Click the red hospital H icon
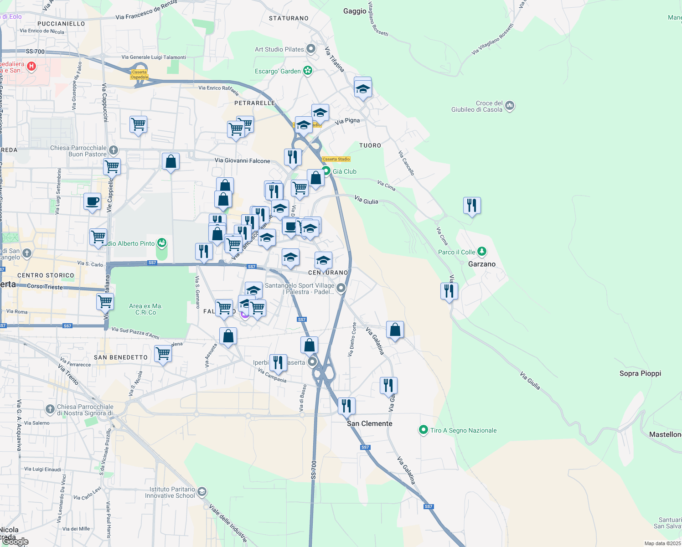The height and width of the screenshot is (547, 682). tap(31, 67)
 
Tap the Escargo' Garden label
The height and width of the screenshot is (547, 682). tap(278, 71)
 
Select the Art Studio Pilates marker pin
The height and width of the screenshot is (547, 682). tap(311, 48)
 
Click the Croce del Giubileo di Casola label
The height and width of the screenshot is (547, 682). tap(477, 106)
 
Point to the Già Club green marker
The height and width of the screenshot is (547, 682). tap(326, 171)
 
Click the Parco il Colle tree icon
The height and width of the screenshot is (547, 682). tap(481, 252)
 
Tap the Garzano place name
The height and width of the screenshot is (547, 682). tap(481, 264)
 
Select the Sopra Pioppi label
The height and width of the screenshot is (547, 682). tap(640, 373)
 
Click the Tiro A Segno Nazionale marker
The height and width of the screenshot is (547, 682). tap(424, 430)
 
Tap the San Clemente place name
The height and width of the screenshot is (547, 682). tap(369, 423)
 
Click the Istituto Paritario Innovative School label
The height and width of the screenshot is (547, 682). tap(170, 492)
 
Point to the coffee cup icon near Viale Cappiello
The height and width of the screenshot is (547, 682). tap(92, 201)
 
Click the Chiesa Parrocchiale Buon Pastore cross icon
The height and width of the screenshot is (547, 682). tap(114, 150)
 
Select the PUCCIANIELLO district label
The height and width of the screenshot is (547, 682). tap(61, 24)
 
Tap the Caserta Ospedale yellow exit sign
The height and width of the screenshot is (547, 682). tap(139, 75)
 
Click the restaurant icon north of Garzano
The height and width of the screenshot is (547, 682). tap(472, 205)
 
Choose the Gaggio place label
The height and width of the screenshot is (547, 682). tap(355, 11)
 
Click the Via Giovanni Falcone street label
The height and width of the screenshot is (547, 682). tap(242, 160)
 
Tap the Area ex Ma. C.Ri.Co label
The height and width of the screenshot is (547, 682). tap(145, 309)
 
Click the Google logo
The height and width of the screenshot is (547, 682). tap(15, 541)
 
